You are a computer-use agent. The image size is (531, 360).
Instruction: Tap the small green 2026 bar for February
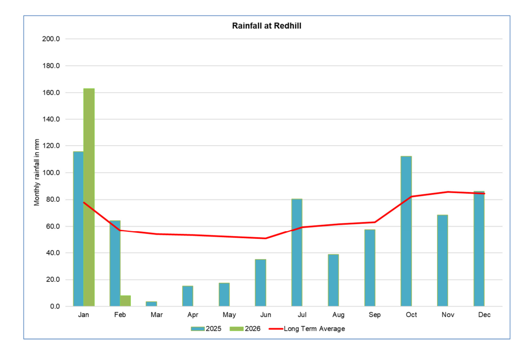click(126, 301)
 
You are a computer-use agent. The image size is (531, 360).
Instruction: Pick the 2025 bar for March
click(151, 304)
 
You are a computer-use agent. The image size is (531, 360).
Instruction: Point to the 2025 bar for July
click(297, 253)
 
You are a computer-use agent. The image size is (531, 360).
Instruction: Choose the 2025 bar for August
click(333, 280)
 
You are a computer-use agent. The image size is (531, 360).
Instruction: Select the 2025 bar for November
click(442, 261)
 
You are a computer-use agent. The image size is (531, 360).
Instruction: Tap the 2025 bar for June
click(260, 283)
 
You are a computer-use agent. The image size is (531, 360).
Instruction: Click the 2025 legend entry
click(206, 329)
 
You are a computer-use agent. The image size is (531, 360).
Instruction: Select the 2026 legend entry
click(246, 329)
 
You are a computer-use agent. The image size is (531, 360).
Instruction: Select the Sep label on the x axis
click(375, 315)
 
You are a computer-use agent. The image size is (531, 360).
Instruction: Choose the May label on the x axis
click(229, 315)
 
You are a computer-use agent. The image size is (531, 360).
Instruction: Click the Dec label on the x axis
click(484, 315)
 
